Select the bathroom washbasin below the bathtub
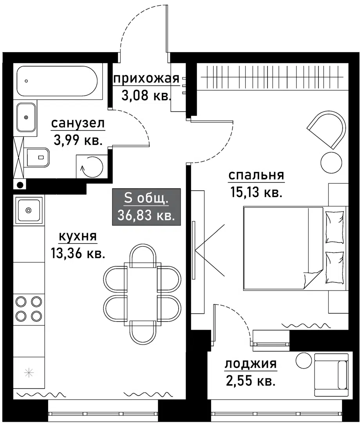(26, 117)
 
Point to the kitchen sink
(28, 210)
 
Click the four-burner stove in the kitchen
(28, 308)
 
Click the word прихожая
(146, 80)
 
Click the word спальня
(256, 176)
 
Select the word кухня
(78, 237)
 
